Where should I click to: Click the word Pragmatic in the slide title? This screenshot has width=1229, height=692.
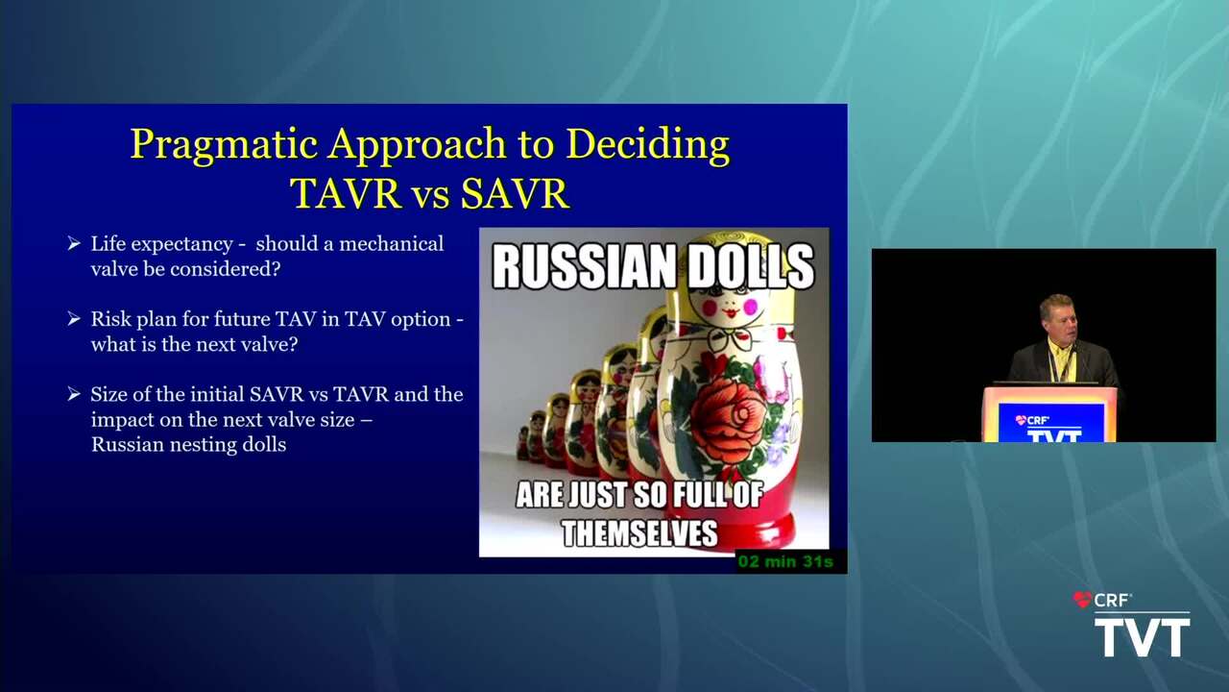point(224,145)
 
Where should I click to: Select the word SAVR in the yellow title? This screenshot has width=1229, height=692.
point(515,194)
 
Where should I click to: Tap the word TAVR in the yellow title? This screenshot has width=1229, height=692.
point(347,194)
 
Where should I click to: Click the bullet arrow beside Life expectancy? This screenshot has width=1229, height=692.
point(74,243)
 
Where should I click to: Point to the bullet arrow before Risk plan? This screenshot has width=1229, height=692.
point(74,318)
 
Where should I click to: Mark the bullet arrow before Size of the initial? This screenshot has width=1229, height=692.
point(74,394)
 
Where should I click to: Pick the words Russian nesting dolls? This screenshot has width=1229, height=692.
point(189,444)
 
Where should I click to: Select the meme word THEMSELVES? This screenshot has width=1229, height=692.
point(639,532)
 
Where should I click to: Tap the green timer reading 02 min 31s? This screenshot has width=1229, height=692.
point(785,562)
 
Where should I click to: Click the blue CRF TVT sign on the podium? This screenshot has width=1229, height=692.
point(1050,423)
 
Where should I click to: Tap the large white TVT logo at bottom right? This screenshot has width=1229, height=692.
point(1143,637)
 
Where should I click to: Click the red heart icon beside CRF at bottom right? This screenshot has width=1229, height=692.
point(1082,599)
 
